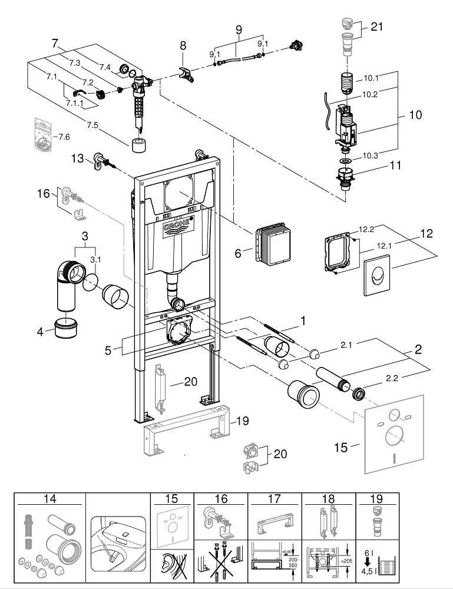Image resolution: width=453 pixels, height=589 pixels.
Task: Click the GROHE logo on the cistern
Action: pos(176,228)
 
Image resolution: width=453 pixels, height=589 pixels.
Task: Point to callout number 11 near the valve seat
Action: pos(395,166)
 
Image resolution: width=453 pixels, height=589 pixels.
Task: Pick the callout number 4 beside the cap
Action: pos(40,332)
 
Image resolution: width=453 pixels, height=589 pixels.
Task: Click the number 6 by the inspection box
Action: pos(238,253)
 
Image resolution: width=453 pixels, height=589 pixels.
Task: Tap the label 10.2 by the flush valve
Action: pos(370,94)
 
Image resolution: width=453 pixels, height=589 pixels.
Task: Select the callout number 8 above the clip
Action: pos(183,45)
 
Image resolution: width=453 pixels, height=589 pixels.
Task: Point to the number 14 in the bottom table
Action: pos(49,499)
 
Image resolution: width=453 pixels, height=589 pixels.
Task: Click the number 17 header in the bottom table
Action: pos(274,499)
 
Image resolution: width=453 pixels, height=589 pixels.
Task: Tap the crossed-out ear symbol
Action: pos(171,565)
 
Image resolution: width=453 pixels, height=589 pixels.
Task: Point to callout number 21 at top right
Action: pos(377,26)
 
